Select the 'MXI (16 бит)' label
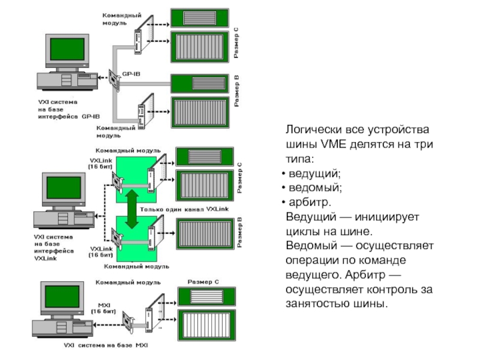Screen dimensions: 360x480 coord(103,308)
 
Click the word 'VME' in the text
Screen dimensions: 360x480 coord(334,145)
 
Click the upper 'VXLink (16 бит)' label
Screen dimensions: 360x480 coord(101,163)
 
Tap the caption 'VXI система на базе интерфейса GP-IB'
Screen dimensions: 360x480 coord(65,109)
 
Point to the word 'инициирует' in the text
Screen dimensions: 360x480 coord(392,217)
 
